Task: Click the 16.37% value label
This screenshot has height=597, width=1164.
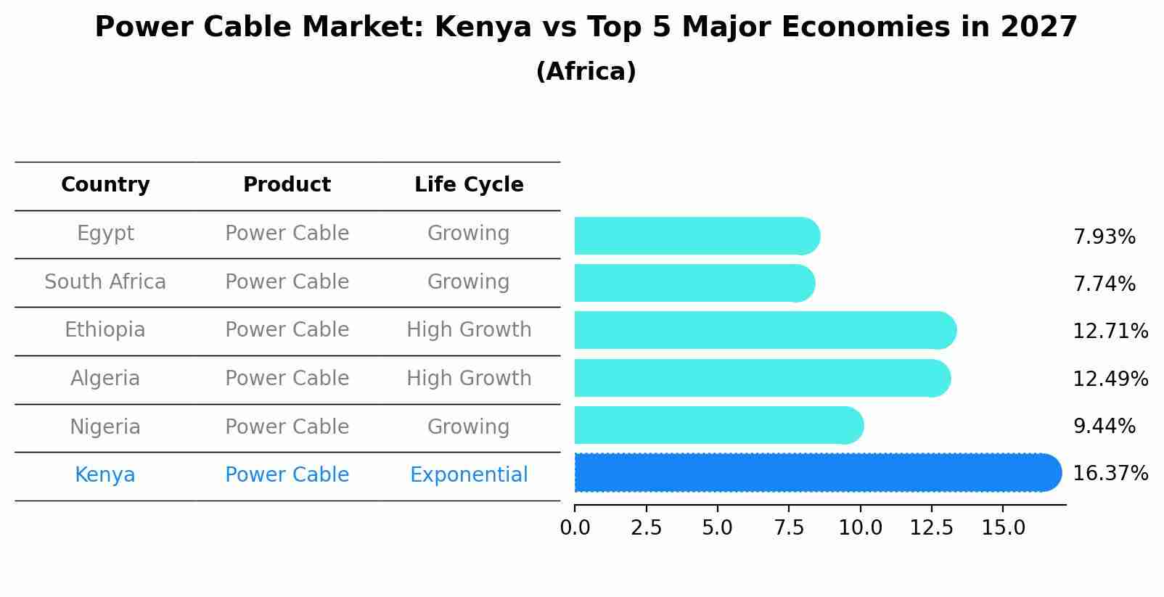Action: [1110, 474]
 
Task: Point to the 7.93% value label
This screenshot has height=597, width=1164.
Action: [1104, 237]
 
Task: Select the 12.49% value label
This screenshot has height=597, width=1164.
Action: [1110, 379]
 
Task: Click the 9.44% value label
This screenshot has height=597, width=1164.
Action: [1104, 427]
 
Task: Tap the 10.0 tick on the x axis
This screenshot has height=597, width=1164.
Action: [860, 528]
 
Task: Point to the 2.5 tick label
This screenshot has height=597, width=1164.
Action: [646, 528]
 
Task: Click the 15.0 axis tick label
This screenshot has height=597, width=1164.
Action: [1003, 528]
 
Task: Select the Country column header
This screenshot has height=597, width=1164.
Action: [105, 185]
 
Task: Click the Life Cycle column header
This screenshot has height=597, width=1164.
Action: [469, 185]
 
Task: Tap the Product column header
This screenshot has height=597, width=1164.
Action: [287, 185]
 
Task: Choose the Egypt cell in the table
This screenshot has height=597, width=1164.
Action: [105, 234]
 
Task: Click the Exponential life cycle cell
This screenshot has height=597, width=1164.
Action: [469, 475]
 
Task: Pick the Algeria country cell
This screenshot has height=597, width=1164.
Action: [105, 379]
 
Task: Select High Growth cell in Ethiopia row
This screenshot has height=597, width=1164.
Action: [469, 330]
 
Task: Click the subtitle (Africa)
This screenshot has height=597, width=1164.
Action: [586, 72]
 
